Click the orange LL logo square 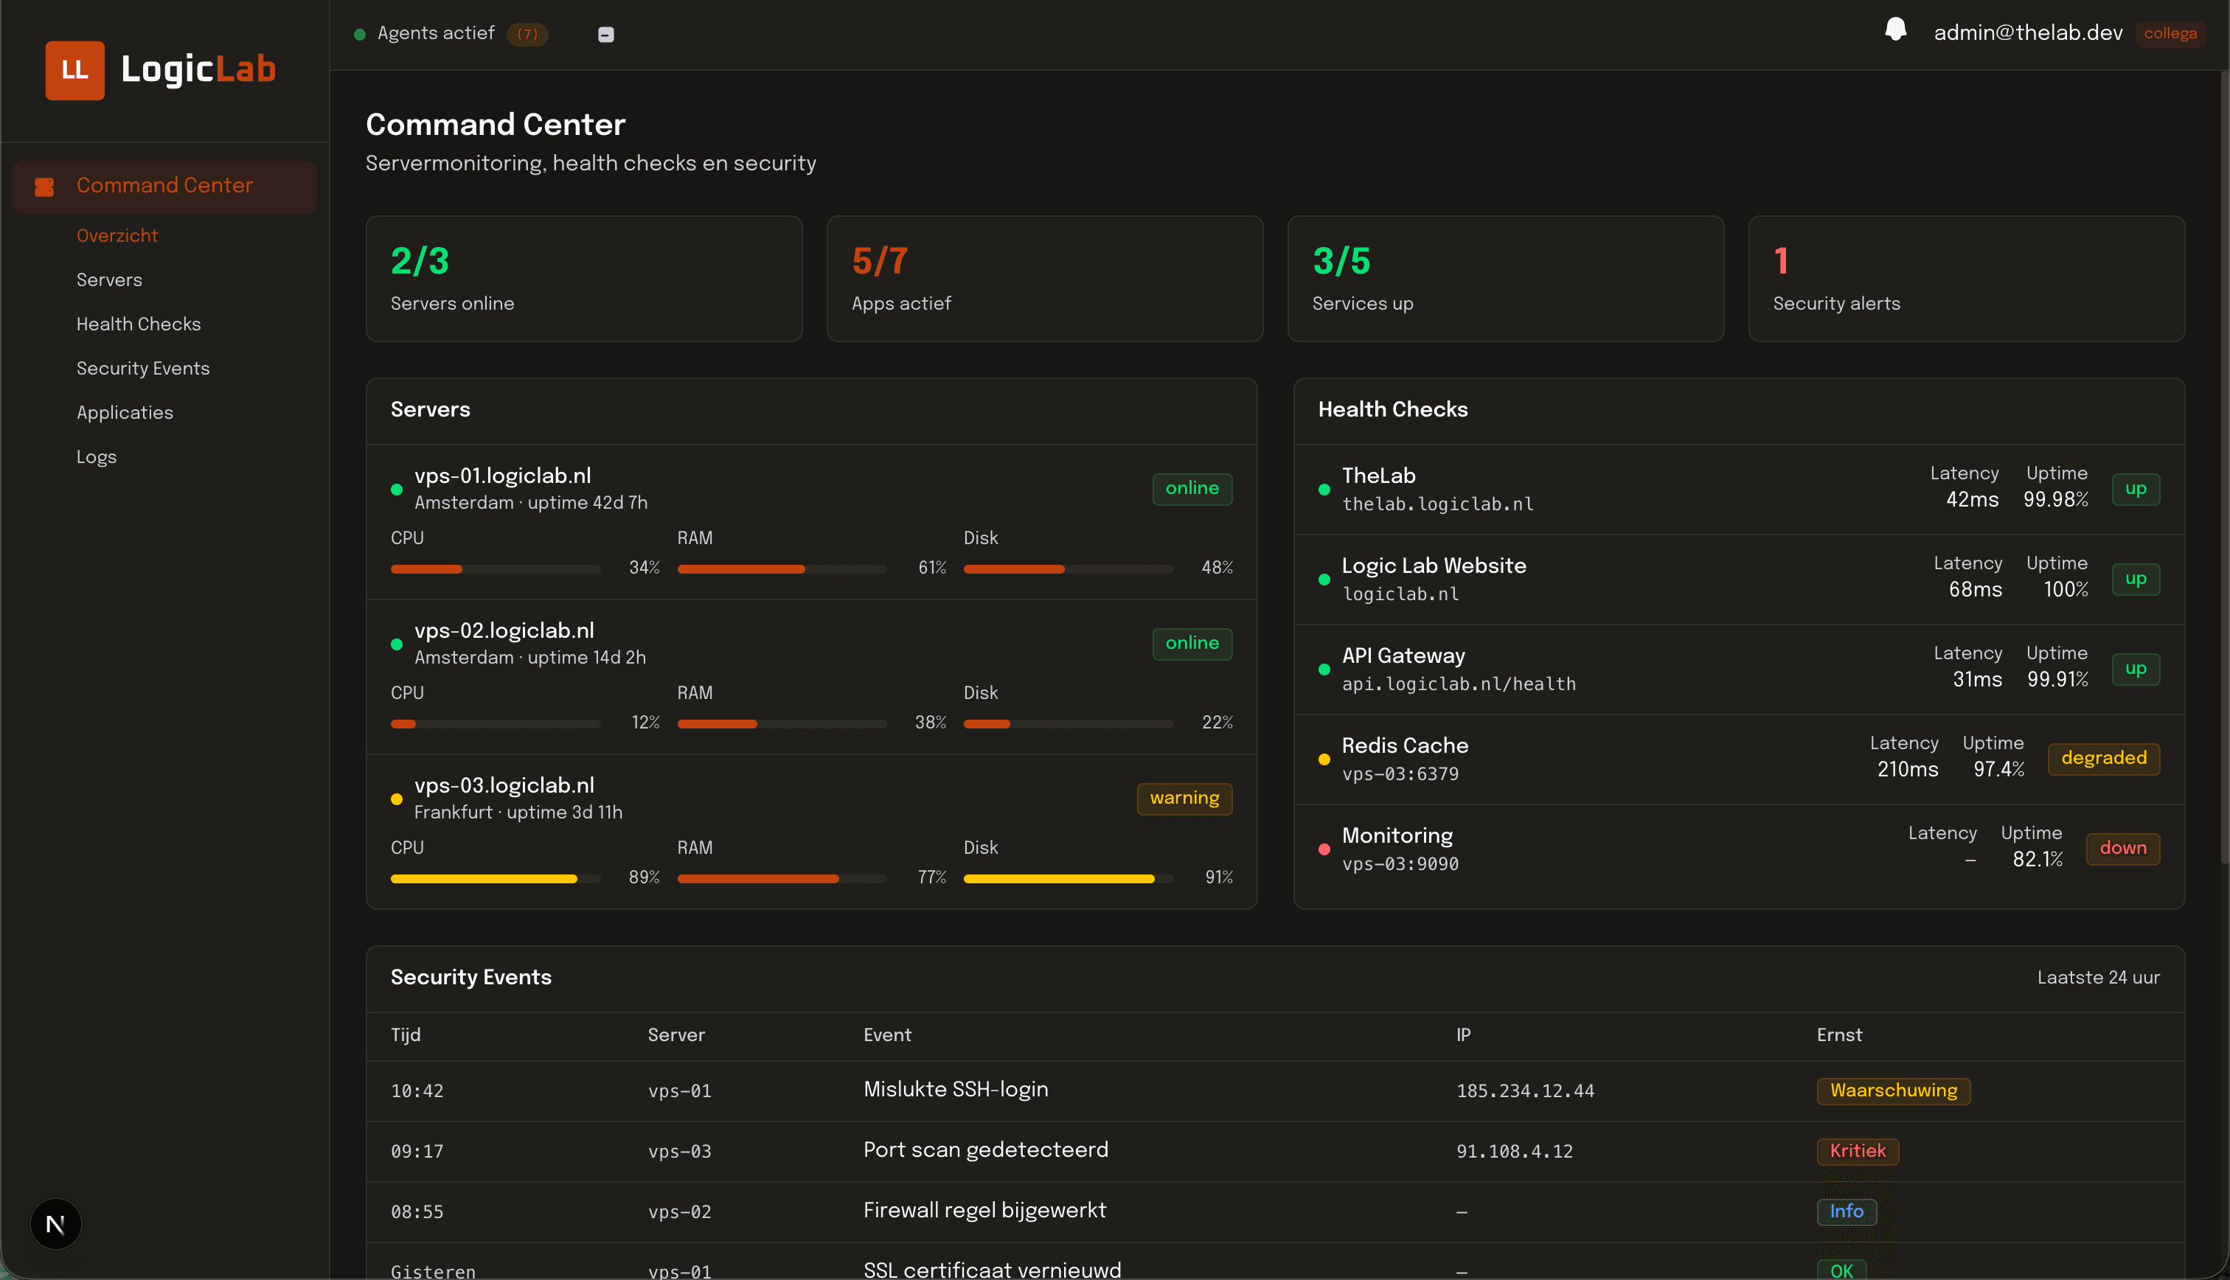(74, 70)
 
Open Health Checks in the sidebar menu (138, 324)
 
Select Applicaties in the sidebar (124, 412)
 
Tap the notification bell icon (1895, 31)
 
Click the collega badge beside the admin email (2170, 33)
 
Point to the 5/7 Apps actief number (879, 261)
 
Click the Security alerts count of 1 (1781, 261)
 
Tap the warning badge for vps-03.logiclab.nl (1184, 799)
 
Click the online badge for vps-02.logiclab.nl (1191, 644)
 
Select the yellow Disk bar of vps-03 (1058, 878)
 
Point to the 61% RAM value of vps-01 (931, 568)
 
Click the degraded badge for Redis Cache (2102, 759)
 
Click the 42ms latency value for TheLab (1972, 499)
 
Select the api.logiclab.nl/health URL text (1458, 684)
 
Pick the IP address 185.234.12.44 (1525, 1091)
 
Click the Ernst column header (1839, 1034)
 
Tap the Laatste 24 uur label (2097, 978)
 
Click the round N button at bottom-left (55, 1224)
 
